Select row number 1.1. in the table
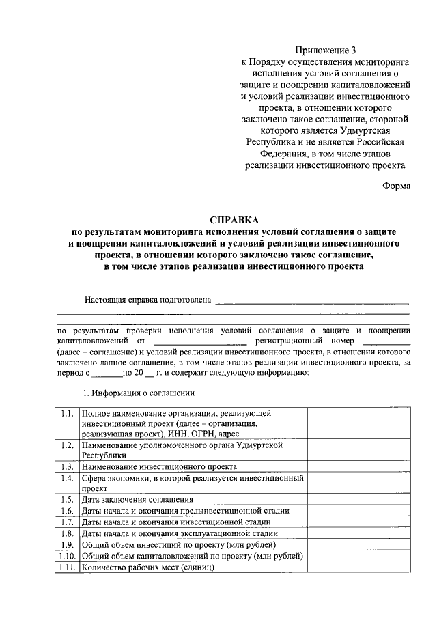coord(66,414)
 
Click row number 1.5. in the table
coord(66,500)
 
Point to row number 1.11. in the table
coord(66,567)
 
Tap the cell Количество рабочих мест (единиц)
coord(147,567)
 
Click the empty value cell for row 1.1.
coord(359,423)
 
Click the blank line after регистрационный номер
coord(386,340)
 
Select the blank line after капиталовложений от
coord(200,340)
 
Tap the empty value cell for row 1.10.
coord(359,556)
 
